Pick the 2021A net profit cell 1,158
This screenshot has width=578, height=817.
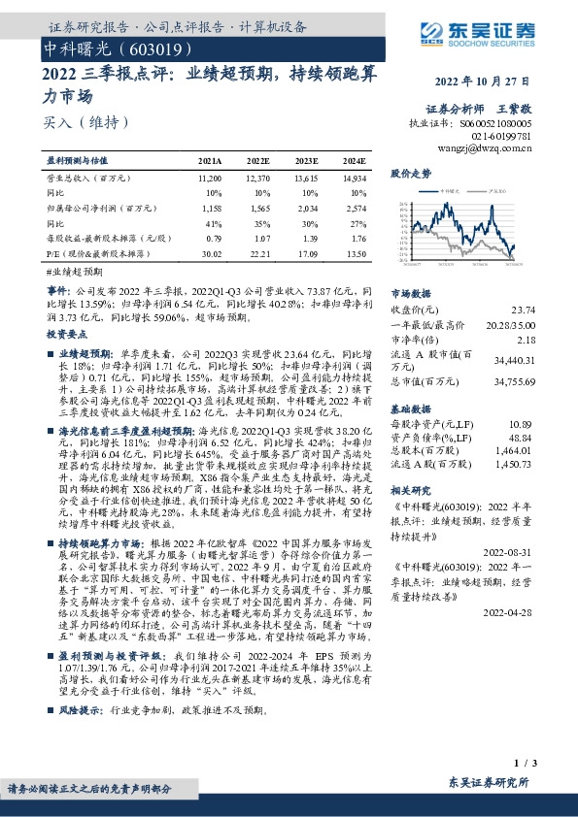point(211,209)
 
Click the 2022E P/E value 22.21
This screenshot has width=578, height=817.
point(257,254)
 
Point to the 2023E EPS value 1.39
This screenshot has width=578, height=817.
point(305,239)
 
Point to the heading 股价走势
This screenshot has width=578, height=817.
point(409,173)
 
